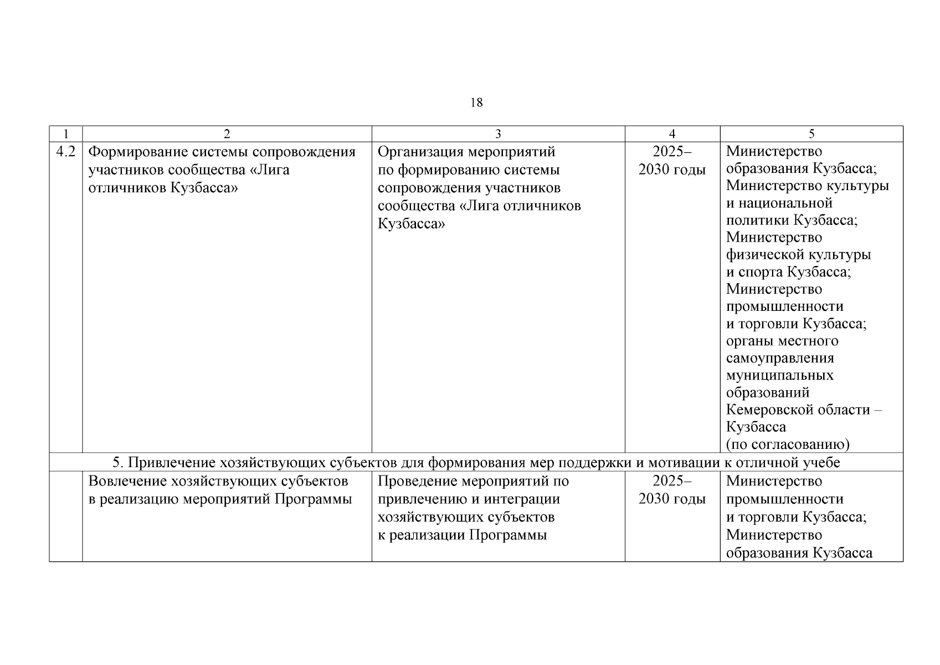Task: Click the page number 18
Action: tap(476, 103)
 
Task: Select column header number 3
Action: tap(498, 134)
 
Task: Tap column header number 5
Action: tap(811, 134)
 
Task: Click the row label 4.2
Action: tap(66, 151)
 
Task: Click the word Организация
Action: tap(420, 152)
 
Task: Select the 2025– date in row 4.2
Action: tap(672, 152)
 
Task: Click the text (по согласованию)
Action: tap(788, 444)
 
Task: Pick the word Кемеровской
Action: tap(771, 410)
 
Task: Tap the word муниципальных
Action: tap(779, 375)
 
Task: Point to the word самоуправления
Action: tap(780, 358)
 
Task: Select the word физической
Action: tap(764, 255)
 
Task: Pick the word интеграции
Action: tap(522, 499)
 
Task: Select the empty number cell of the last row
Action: tap(66, 516)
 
